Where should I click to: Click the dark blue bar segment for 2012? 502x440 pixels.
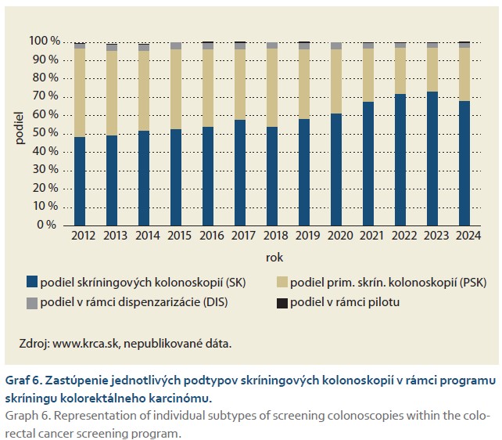pos(80,181)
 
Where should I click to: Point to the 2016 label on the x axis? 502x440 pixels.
pos(207,235)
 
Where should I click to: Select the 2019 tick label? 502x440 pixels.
pos(303,235)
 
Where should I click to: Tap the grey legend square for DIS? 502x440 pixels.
pos(32,302)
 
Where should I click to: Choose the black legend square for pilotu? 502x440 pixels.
pos(282,302)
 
